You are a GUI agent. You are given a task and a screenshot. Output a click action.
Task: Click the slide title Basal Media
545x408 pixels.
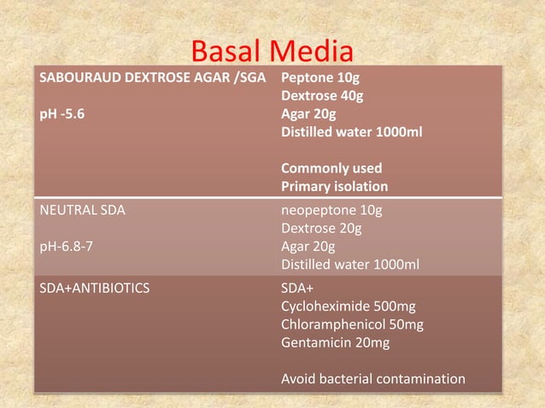(272, 52)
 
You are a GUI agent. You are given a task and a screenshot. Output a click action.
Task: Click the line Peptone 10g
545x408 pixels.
(320, 79)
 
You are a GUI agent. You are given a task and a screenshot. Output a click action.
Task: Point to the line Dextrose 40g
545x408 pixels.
(322, 96)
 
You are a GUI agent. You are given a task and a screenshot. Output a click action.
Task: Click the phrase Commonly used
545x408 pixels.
(331, 168)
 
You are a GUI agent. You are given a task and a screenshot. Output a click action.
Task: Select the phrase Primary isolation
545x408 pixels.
(335, 186)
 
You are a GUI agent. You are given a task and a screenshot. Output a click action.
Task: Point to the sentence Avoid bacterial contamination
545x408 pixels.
(373, 378)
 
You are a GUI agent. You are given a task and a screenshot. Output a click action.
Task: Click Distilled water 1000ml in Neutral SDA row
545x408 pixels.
(350, 265)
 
